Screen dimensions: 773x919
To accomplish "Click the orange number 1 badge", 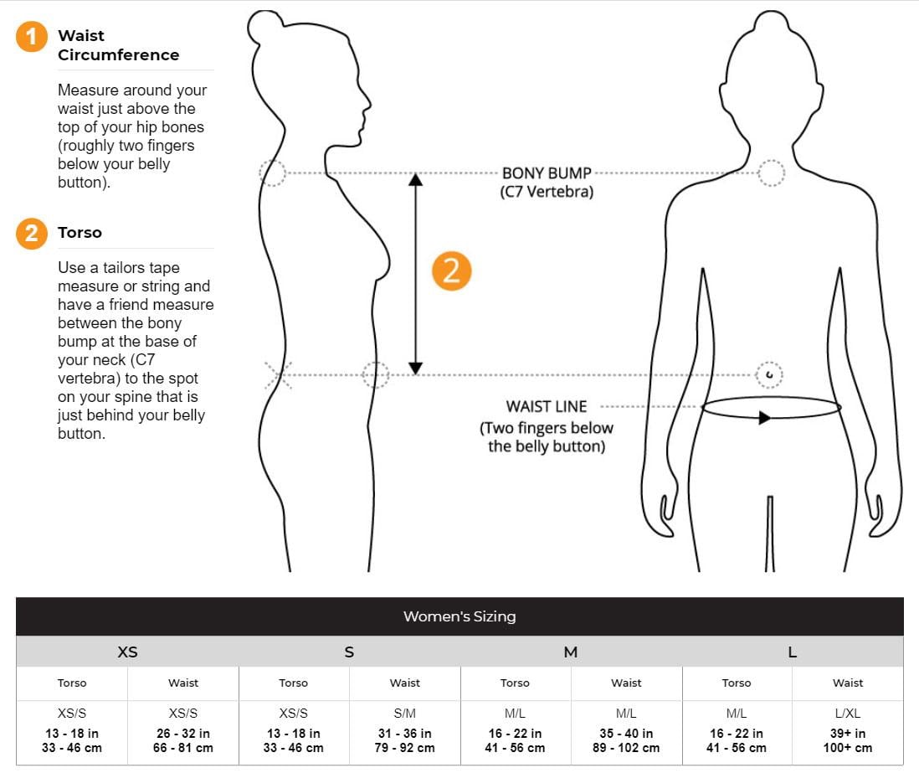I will pyautogui.click(x=32, y=38).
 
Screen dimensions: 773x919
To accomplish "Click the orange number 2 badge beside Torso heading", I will pyautogui.click(x=32, y=233).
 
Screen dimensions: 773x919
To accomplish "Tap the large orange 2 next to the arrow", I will pyautogui.click(x=452, y=272).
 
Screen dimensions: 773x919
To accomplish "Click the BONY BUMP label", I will pyautogui.click(x=547, y=173).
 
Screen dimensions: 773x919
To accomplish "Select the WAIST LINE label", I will pyautogui.click(x=546, y=406).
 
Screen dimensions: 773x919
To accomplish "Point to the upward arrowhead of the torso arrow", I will pyautogui.click(x=415, y=178).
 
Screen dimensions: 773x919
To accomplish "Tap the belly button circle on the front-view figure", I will pyautogui.click(x=769, y=374).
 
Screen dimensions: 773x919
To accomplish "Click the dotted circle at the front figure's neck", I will pyautogui.click(x=772, y=173).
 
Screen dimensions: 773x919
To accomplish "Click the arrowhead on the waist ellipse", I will pyautogui.click(x=764, y=417).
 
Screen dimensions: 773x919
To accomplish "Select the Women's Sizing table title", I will pyautogui.click(x=459, y=616).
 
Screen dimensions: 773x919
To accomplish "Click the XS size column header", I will pyautogui.click(x=127, y=652).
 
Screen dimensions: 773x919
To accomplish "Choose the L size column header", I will pyautogui.click(x=792, y=652).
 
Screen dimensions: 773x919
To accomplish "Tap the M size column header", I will pyautogui.click(x=571, y=652).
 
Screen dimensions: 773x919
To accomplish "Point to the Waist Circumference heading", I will pyautogui.click(x=118, y=45).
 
